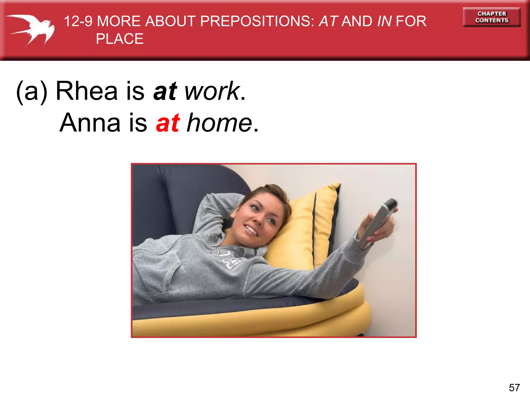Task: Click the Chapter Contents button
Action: pyautogui.click(x=492, y=17)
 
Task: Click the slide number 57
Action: pyautogui.click(x=514, y=388)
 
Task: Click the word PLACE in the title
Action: pyautogui.click(x=120, y=39)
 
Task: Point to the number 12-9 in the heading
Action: pyautogui.click(x=78, y=21)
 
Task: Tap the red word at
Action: pyautogui.click(x=168, y=123)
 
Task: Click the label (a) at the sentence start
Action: pyautogui.click(x=32, y=91)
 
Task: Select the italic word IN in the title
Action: pyautogui.click(x=384, y=21)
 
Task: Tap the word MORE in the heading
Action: pyautogui.click(x=119, y=21)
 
